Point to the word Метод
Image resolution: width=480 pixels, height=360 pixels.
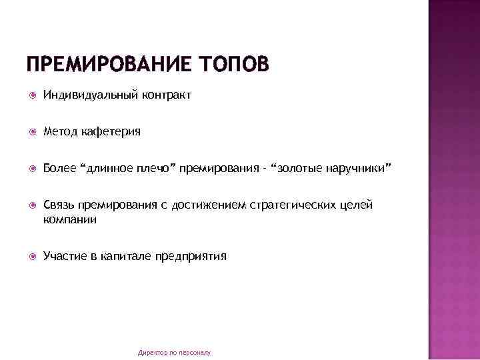coord(60,131)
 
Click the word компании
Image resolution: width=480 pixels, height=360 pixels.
coord(70,219)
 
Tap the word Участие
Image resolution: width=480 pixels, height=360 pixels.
coord(65,256)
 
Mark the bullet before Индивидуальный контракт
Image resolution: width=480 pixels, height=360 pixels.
coord(31,95)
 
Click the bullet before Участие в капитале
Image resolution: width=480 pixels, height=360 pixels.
coord(31,257)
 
